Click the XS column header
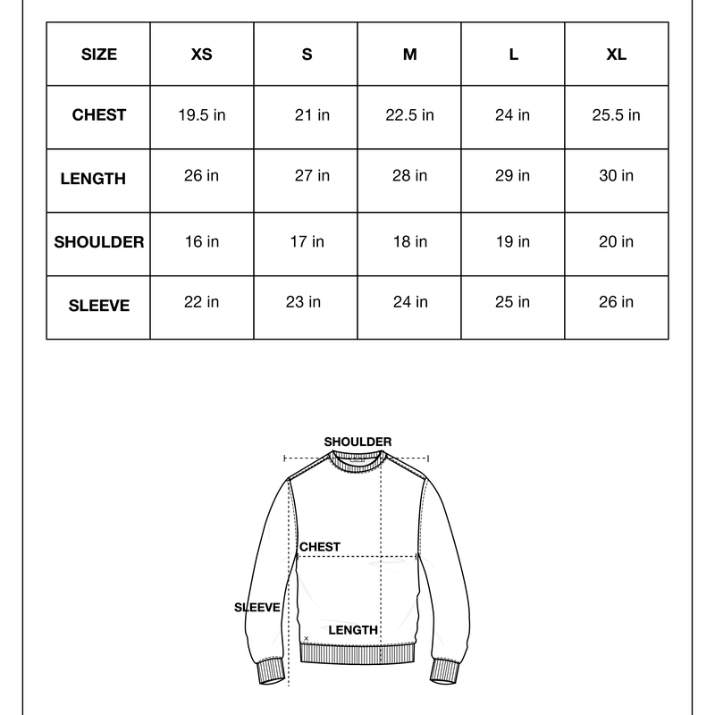[202, 55]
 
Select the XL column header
[616, 55]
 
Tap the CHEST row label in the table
[99, 115]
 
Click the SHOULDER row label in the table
[99, 242]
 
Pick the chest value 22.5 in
[409, 115]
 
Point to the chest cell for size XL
[616, 115]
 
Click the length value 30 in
[616, 175]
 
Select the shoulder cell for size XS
[202, 242]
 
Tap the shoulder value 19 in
[512, 242]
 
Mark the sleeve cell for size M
[409, 302]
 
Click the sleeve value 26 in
[616, 302]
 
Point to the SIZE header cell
[99, 55]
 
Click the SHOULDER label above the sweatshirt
[357, 442]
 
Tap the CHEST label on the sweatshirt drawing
[320, 547]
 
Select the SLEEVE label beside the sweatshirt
[257, 608]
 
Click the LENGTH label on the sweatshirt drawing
[353, 630]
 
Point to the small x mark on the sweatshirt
[307, 638]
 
